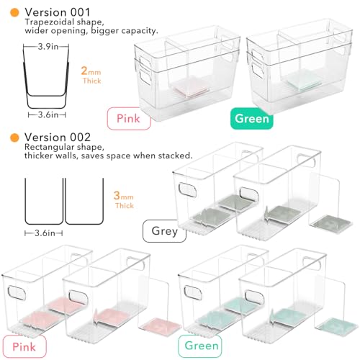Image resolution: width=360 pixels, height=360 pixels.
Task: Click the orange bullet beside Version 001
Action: click(14, 12)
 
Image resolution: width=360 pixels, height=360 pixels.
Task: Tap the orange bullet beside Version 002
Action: click(14, 138)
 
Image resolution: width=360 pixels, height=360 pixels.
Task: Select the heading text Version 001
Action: click(58, 12)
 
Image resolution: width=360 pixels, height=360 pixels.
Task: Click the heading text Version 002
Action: click(58, 138)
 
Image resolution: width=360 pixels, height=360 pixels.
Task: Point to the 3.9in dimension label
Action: click(48, 46)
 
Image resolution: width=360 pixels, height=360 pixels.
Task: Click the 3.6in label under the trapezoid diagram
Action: click(48, 114)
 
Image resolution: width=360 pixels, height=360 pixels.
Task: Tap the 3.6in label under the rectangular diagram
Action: click(45, 233)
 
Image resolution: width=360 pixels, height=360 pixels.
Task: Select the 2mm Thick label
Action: click(91, 75)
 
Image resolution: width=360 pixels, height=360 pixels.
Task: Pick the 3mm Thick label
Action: click(124, 199)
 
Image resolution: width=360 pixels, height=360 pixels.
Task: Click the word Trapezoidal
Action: click(49, 22)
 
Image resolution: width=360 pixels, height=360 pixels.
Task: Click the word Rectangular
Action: click(50, 147)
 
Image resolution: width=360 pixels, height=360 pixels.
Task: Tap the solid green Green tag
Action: click(252, 119)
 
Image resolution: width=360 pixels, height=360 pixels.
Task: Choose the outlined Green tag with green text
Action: click(200, 346)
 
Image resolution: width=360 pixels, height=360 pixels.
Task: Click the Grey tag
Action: click(165, 231)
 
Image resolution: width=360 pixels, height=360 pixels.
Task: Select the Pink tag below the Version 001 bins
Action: click(129, 119)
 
